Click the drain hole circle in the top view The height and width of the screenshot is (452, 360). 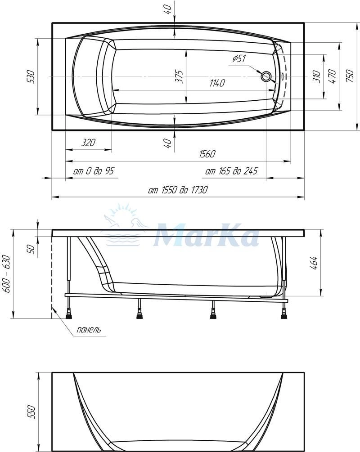[x=265, y=76]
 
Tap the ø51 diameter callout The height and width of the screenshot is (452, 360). [x=239, y=58]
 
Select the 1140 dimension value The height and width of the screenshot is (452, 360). [x=217, y=83]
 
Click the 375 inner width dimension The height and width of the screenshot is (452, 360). [x=180, y=76]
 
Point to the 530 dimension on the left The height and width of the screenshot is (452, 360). [x=31, y=76]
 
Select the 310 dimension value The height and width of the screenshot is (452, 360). [x=317, y=76]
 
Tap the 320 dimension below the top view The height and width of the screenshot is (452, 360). [x=88, y=143]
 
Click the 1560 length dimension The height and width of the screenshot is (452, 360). [x=207, y=154]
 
